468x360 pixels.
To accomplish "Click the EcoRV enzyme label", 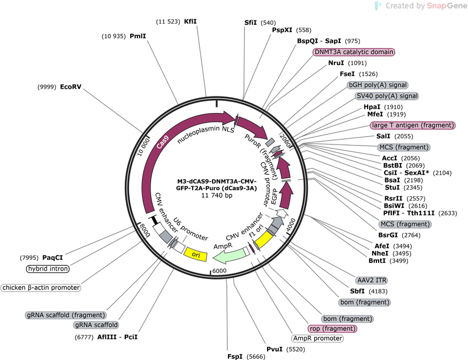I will [x=71, y=87].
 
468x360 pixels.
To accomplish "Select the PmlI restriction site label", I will [x=138, y=36].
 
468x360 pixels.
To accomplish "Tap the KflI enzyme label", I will [x=190, y=22].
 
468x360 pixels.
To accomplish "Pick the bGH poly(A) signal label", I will [x=377, y=85].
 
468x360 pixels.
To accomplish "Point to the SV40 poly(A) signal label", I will [x=386, y=96].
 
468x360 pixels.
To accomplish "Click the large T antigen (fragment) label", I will [x=413, y=125].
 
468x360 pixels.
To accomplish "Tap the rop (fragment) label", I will [x=332, y=329].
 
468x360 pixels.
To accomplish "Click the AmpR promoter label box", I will [x=317, y=338].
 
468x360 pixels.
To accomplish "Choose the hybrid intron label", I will [x=48, y=269].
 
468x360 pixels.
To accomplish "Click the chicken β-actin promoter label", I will [x=41, y=288].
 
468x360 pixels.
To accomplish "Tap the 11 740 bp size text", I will [x=217, y=195].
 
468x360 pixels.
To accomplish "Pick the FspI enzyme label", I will [x=235, y=356].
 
